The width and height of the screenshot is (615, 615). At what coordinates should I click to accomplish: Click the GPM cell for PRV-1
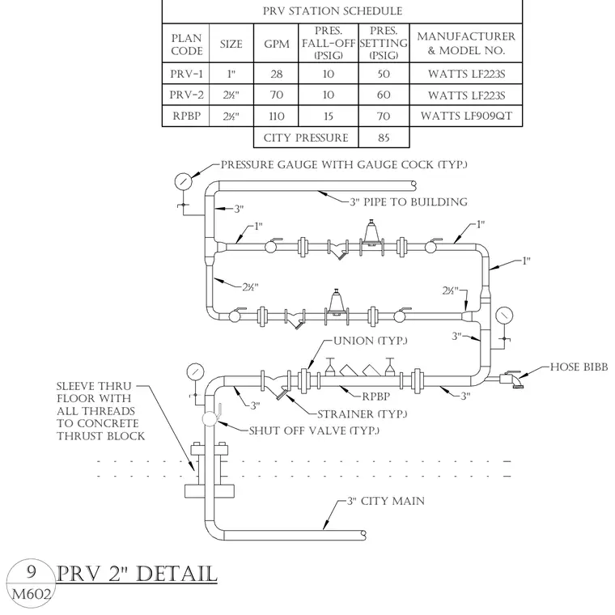click(276, 74)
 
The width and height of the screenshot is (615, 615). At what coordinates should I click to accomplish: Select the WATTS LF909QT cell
click(466, 116)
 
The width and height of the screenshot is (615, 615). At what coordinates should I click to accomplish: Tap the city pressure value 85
click(384, 138)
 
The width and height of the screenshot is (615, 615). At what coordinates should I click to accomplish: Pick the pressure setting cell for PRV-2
click(384, 95)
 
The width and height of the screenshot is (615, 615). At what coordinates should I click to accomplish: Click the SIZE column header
click(231, 44)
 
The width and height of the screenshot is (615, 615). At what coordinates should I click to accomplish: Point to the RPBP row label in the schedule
click(186, 116)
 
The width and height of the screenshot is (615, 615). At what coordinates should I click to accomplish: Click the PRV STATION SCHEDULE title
click(333, 11)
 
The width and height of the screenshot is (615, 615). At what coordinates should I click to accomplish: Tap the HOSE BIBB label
click(579, 367)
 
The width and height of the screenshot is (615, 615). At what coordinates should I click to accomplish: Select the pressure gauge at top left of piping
click(183, 181)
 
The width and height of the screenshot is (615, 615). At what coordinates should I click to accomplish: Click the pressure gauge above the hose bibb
click(504, 316)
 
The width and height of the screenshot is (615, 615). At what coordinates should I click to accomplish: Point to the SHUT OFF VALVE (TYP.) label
click(314, 430)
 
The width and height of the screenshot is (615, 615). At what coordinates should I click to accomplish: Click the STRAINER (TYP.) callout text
click(362, 414)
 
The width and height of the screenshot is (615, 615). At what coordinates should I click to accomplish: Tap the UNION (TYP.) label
click(371, 341)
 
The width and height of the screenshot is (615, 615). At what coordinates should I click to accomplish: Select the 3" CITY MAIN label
click(386, 501)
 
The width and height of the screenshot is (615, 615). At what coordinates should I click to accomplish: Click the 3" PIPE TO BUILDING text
click(409, 202)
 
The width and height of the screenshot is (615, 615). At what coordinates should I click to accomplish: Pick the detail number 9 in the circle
click(31, 572)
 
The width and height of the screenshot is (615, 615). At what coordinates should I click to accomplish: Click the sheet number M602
click(32, 594)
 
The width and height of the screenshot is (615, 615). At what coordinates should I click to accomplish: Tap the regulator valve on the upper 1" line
click(371, 237)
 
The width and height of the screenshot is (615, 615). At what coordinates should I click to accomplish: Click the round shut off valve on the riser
click(210, 418)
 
